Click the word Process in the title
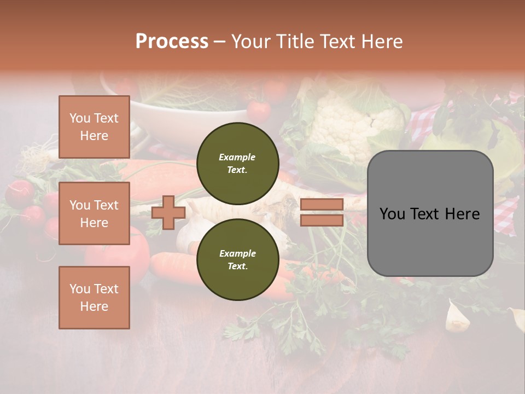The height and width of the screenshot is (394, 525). click(x=172, y=42)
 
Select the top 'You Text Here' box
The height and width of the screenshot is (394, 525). click(x=94, y=127)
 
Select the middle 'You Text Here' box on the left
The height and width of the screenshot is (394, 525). click(x=94, y=213)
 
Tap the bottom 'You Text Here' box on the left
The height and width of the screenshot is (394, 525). click(x=94, y=298)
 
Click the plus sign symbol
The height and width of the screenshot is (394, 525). click(x=168, y=212)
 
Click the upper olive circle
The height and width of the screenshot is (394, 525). click(x=237, y=163)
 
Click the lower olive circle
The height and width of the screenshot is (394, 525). click(x=237, y=259)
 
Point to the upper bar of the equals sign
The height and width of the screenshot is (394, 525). click(x=322, y=205)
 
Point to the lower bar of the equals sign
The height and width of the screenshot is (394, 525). click(x=322, y=220)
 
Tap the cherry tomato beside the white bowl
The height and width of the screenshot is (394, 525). click(x=259, y=111)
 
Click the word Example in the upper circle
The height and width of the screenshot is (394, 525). click(x=237, y=157)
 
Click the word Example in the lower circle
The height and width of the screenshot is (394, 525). click(x=237, y=253)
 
